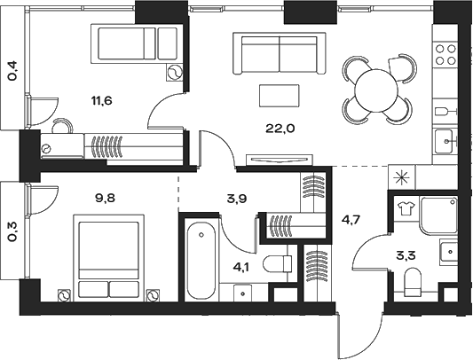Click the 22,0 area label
280,129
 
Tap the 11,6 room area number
102,100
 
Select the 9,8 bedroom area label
106,199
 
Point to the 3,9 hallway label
236,199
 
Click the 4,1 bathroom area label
241,267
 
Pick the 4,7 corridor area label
351,218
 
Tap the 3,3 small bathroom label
406,256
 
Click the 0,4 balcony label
13,71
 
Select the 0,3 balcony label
13,231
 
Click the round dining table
376,90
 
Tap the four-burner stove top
445,55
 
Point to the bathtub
201,261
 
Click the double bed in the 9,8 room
109,258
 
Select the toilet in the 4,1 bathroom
278,264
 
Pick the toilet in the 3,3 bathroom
413,283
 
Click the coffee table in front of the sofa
280,95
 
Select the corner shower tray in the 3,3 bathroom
439,215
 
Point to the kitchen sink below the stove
444,141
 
